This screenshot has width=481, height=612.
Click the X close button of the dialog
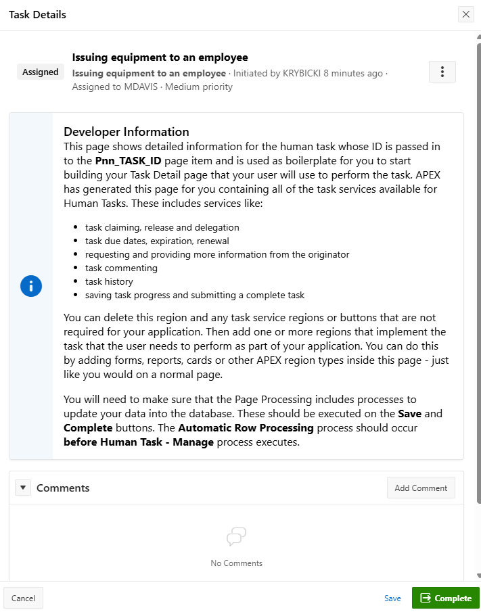(465, 14)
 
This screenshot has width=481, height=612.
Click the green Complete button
(445, 598)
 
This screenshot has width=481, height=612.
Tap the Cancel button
(24, 598)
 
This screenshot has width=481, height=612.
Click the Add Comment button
(421, 488)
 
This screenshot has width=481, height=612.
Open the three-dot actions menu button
(442, 72)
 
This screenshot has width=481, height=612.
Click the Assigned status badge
(41, 72)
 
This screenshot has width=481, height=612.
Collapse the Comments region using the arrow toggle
(23, 488)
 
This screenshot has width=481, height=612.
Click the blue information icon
(31, 286)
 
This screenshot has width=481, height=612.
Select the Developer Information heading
(127, 132)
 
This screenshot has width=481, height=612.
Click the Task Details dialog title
(37, 14)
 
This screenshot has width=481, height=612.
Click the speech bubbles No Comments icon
(236, 538)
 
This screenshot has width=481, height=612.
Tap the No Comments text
(236, 563)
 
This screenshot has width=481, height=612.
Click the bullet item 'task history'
(109, 281)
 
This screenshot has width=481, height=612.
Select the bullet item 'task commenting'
(121, 268)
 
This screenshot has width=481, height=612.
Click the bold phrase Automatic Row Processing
(246, 428)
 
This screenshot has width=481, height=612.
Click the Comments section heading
(63, 488)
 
